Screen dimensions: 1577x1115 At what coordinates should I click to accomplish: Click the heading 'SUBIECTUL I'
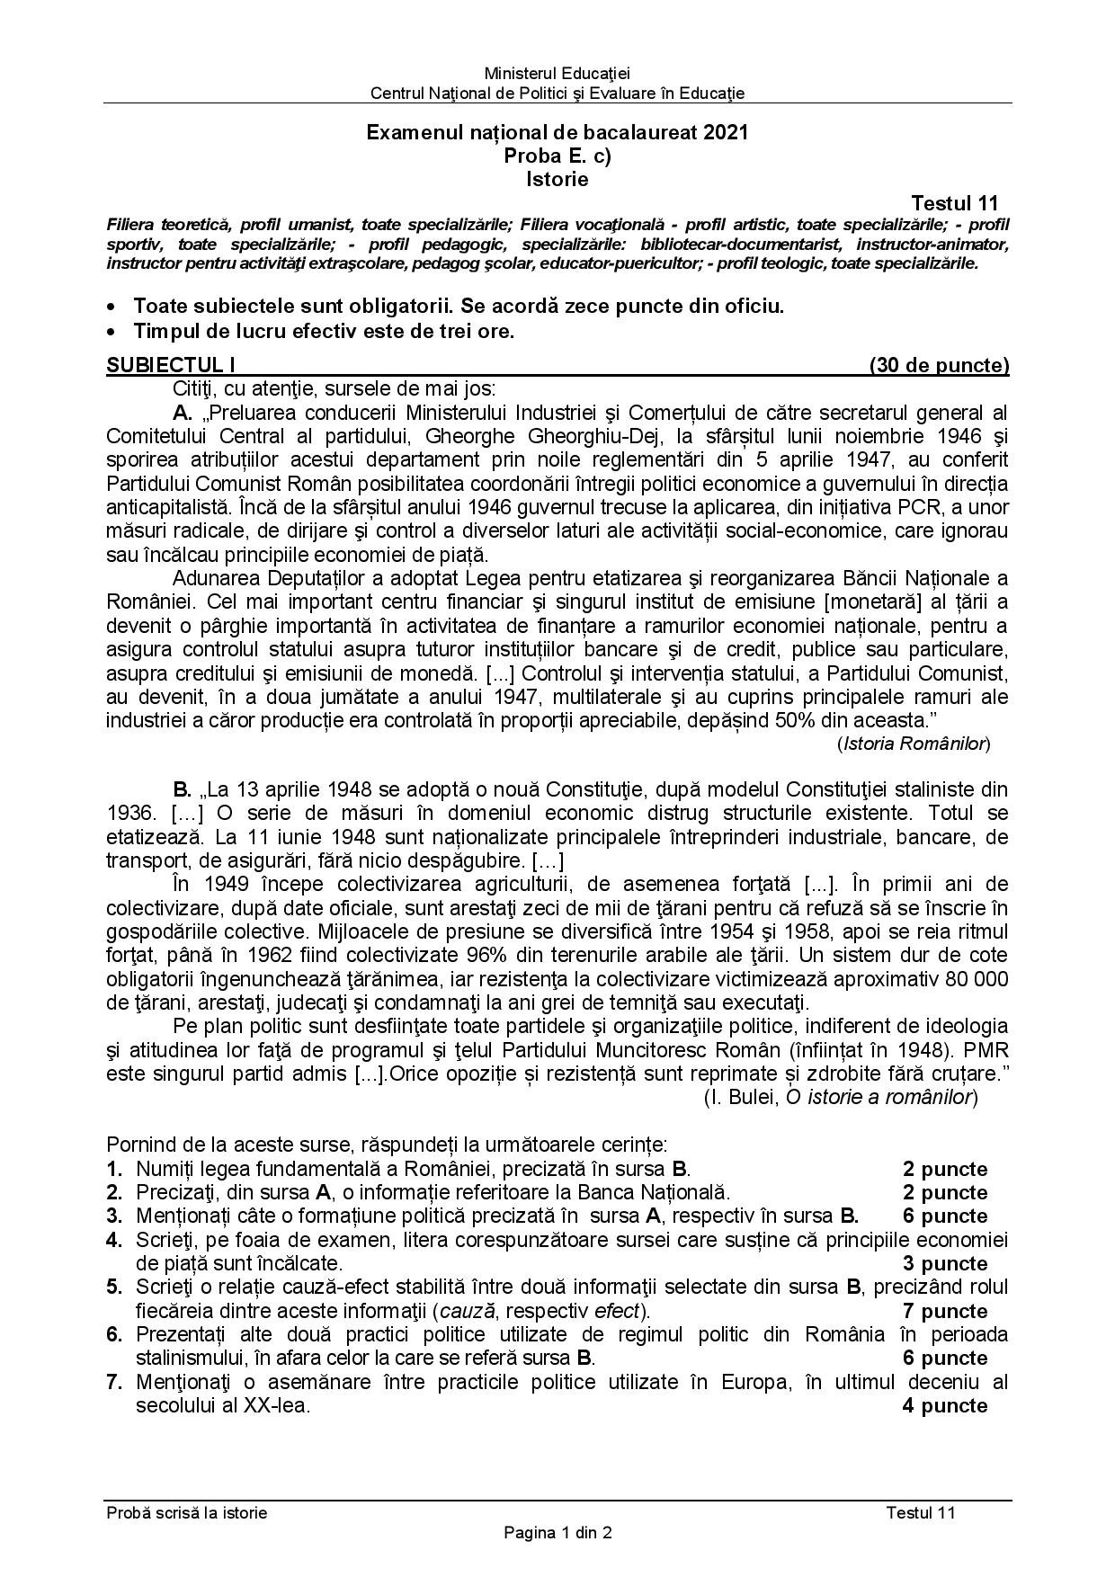pyautogui.click(x=170, y=365)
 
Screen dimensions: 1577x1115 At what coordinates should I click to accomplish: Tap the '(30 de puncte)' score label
pyautogui.click(x=939, y=365)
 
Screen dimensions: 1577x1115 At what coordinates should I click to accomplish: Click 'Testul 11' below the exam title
pyautogui.click(x=954, y=203)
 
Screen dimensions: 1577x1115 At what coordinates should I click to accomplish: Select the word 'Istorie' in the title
pyautogui.click(x=557, y=179)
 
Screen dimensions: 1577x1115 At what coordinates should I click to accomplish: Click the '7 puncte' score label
pyautogui.click(x=945, y=1311)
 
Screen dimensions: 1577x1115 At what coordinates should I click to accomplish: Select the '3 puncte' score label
pyautogui.click(x=945, y=1263)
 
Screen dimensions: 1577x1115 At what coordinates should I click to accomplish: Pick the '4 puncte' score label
pyautogui.click(x=945, y=1405)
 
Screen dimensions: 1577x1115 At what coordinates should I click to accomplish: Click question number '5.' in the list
pyautogui.click(x=114, y=1287)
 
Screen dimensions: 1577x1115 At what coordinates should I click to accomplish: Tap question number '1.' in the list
pyautogui.click(x=114, y=1169)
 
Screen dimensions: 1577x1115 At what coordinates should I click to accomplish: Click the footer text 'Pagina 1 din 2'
pyautogui.click(x=557, y=1533)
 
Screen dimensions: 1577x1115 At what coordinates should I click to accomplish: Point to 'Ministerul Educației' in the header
pyautogui.click(x=557, y=74)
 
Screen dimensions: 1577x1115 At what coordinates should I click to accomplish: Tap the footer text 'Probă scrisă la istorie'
pyautogui.click(x=187, y=1512)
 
